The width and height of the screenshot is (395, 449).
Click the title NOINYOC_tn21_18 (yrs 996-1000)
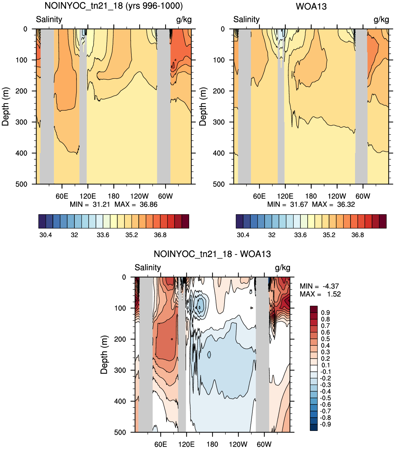click(114, 6)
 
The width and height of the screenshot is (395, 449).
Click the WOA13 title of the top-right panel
click(311, 6)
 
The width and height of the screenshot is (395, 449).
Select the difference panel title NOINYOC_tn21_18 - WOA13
click(212, 254)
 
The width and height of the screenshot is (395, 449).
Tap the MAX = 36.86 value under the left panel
click(136, 205)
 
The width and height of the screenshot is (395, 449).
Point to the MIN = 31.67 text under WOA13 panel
click(287, 205)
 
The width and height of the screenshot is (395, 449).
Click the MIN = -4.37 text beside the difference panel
click(319, 286)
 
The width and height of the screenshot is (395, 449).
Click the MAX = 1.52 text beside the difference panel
click(320, 294)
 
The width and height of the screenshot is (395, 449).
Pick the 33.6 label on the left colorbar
click(103, 235)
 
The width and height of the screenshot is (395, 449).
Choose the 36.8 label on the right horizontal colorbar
click(357, 235)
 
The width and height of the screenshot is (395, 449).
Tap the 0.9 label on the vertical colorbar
click(325, 313)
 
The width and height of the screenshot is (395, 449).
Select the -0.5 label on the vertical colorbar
click(325, 398)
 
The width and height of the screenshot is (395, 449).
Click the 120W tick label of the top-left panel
click(139, 196)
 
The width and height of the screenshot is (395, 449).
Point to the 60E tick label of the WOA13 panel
click(259, 196)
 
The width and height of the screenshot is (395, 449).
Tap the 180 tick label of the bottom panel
click(212, 444)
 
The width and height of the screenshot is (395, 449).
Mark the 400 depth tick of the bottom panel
click(120, 401)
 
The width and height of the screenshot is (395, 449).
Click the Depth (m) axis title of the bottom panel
click(104, 355)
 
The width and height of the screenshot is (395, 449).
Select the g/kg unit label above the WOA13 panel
click(381, 20)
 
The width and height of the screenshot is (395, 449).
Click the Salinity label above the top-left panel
click(49, 19)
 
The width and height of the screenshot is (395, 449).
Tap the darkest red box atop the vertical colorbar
click(314, 309)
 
